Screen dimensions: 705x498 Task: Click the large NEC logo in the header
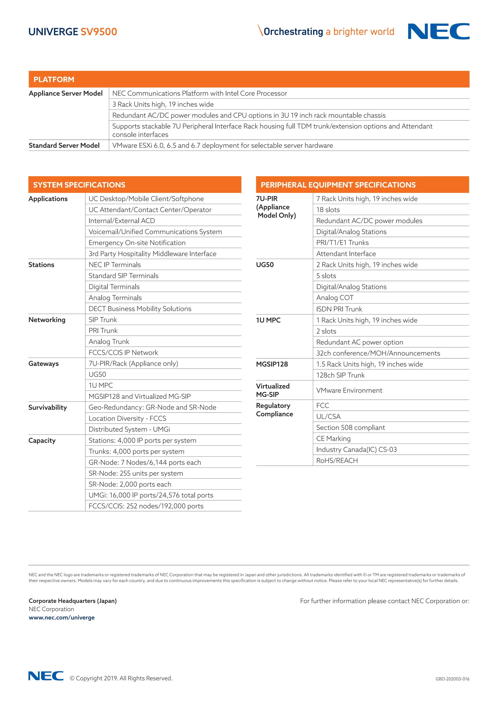(438, 31)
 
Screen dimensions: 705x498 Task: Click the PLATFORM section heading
(54, 80)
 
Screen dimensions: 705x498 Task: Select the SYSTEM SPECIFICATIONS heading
(79, 185)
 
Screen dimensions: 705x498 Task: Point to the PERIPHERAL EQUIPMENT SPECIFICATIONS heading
(338, 185)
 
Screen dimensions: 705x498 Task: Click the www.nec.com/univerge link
(62, 618)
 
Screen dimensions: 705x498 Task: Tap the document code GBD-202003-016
(452, 679)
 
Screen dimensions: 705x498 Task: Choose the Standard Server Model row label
(64, 146)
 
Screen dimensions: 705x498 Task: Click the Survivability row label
(47, 408)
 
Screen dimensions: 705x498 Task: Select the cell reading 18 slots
(328, 210)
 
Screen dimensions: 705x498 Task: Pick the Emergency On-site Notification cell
(137, 242)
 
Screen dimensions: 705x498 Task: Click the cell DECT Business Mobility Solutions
(140, 309)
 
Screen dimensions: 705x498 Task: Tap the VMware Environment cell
(349, 390)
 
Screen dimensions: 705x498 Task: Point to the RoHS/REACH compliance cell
(337, 460)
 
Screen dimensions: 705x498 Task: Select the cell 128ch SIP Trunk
(340, 375)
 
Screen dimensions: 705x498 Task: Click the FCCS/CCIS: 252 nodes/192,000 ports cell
(146, 506)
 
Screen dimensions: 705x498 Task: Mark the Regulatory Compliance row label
(275, 410)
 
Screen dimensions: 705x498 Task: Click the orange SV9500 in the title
(99, 32)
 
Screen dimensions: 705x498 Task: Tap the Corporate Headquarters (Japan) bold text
(73, 601)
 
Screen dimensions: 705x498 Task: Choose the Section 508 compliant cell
(350, 427)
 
